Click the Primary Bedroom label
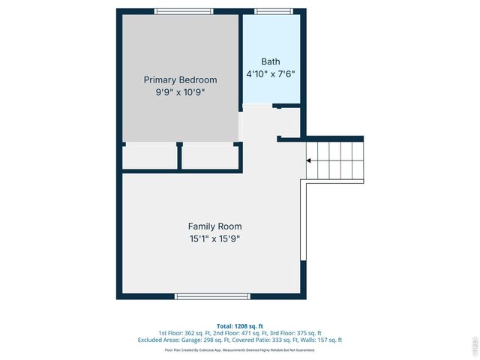click(180, 79)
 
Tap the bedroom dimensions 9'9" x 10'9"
click(180, 92)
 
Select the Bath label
click(271, 61)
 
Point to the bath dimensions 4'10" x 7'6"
click(271, 73)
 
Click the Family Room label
click(214, 226)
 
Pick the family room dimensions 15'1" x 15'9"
click(214, 239)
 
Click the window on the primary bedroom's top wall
click(184, 11)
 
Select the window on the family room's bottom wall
click(212, 296)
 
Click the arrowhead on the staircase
click(309, 160)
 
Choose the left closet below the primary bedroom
click(150, 156)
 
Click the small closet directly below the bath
click(289, 121)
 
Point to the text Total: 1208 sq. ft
click(239, 326)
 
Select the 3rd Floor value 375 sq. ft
click(307, 333)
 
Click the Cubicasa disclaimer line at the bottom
click(239, 349)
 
